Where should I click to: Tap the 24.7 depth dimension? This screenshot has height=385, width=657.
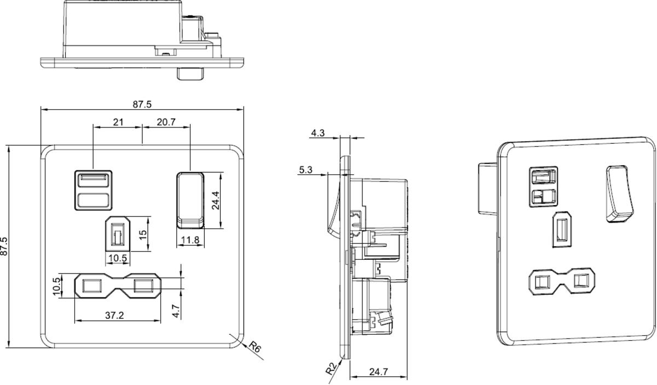pos(378,372)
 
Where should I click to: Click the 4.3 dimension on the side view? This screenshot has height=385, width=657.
pos(318,132)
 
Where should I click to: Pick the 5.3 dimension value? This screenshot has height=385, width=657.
pos(306,170)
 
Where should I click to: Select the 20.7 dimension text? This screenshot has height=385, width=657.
pos(165,122)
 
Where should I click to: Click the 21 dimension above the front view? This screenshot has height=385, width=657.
pos(118,122)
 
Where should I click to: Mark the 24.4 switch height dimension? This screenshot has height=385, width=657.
pos(216,201)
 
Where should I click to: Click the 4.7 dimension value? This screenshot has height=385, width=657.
pos(176,311)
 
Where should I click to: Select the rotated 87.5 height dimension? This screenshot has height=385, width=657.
pos(4,247)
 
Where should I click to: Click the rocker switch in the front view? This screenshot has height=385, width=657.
pos(191,199)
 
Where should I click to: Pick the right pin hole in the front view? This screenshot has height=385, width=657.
pos(143,285)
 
